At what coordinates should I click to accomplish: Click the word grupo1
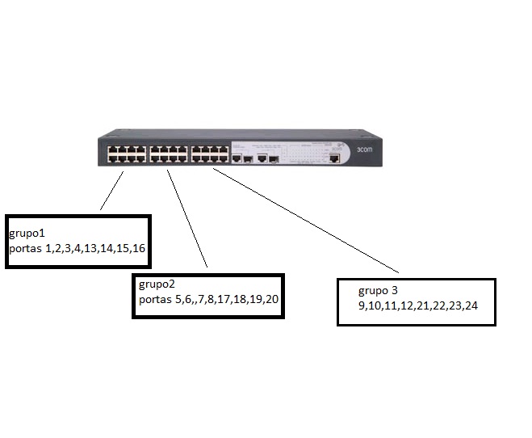tap(27, 233)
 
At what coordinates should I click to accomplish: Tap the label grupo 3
tap(379, 290)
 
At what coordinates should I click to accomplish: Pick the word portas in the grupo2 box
tap(155, 300)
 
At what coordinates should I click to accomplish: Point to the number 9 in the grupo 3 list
tap(362, 306)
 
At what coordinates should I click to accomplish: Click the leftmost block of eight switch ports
tap(126, 154)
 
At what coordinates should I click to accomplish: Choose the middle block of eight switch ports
tap(168, 154)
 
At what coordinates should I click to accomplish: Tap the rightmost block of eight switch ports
tap(209, 154)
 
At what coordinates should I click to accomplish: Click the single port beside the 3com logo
tap(333, 158)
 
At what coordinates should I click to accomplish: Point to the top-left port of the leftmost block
tap(111, 149)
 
